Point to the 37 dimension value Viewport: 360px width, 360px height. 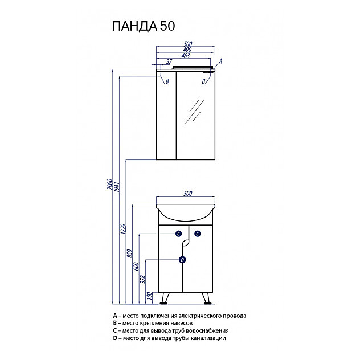[169, 62]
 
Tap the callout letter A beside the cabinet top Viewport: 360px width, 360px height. [220, 61]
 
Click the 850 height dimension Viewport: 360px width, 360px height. [130, 252]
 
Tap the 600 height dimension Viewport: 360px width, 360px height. [137, 268]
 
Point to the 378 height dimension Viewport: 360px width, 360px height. [144, 279]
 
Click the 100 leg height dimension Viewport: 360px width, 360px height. [150, 296]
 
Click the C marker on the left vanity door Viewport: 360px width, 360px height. [178, 234]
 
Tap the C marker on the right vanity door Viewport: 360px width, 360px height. [197, 234]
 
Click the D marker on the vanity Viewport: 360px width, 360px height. [182, 260]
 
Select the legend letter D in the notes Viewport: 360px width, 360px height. [114, 338]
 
